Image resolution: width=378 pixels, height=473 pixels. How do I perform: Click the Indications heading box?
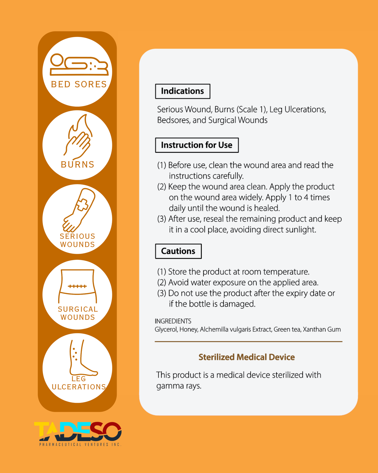pyautogui.click(x=183, y=91)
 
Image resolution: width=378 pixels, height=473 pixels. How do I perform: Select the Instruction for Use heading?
pyautogui.click(x=197, y=145)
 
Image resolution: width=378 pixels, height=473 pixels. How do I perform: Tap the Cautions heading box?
pyautogui.click(x=178, y=251)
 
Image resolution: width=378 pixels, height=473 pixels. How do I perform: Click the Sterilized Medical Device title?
pyautogui.click(x=246, y=357)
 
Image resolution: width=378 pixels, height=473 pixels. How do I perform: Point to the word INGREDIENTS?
pyautogui.click(x=173, y=321)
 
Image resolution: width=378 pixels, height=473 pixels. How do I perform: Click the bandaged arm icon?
pyautogui.click(x=79, y=210)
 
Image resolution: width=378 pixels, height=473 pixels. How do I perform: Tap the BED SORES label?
pyautogui.click(x=79, y=84)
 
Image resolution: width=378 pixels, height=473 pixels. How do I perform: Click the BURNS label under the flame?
pyautogui.click(x=77, y=164)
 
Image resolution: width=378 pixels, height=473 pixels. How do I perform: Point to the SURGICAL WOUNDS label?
pyautogui.click(x=78, y=313)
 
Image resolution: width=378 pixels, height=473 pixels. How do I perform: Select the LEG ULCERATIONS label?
pyautogui.click(x=79, y=383)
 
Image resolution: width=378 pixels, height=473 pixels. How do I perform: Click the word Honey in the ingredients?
pyautogui.click(x=188, y=329)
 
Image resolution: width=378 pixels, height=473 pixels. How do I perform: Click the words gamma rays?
pyautogui.click(x=179, y=386)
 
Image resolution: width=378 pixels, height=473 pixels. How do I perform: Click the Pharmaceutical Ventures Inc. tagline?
pyautogui.click(x=80, y=444)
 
